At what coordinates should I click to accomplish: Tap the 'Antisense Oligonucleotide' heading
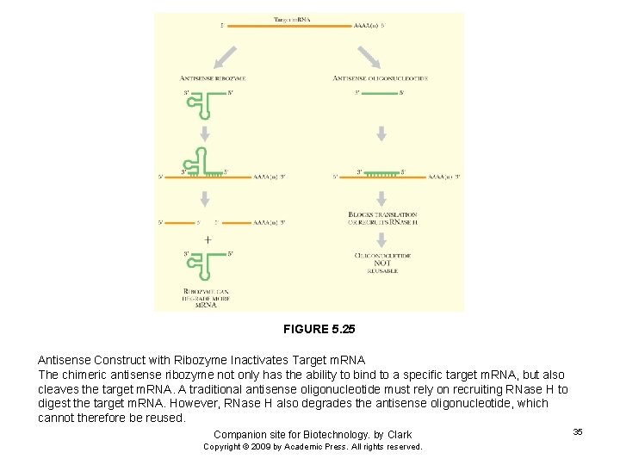[x=381, y=78]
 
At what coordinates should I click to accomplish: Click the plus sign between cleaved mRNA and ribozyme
[x=207, y=239]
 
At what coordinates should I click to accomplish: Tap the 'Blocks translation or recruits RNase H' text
[x=382, y=218]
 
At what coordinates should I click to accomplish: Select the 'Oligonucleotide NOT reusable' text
[x=382, y=263]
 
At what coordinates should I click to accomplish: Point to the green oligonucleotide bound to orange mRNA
[x=380, y=173]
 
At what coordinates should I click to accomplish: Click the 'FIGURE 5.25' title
[x=319, y=329]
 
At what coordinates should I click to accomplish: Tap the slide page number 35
[x=578, y=431]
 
